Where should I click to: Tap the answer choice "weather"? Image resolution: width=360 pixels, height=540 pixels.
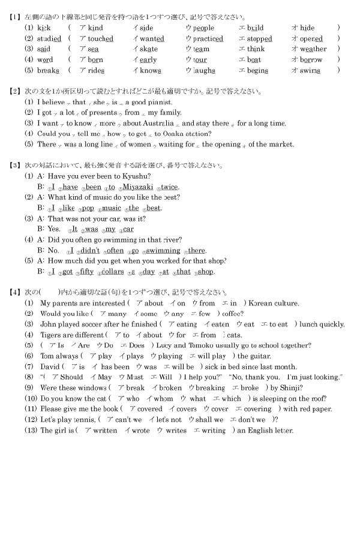click(x=313, y=49)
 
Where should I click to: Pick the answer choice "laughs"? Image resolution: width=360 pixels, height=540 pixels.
click(x=204, y=71)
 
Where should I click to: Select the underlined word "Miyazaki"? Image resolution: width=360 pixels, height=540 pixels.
click(x=142, y=187)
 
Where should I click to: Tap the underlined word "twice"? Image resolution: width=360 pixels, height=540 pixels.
click(x=170, y=187)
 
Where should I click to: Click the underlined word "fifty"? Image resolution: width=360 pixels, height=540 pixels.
click(x=86, y=272)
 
